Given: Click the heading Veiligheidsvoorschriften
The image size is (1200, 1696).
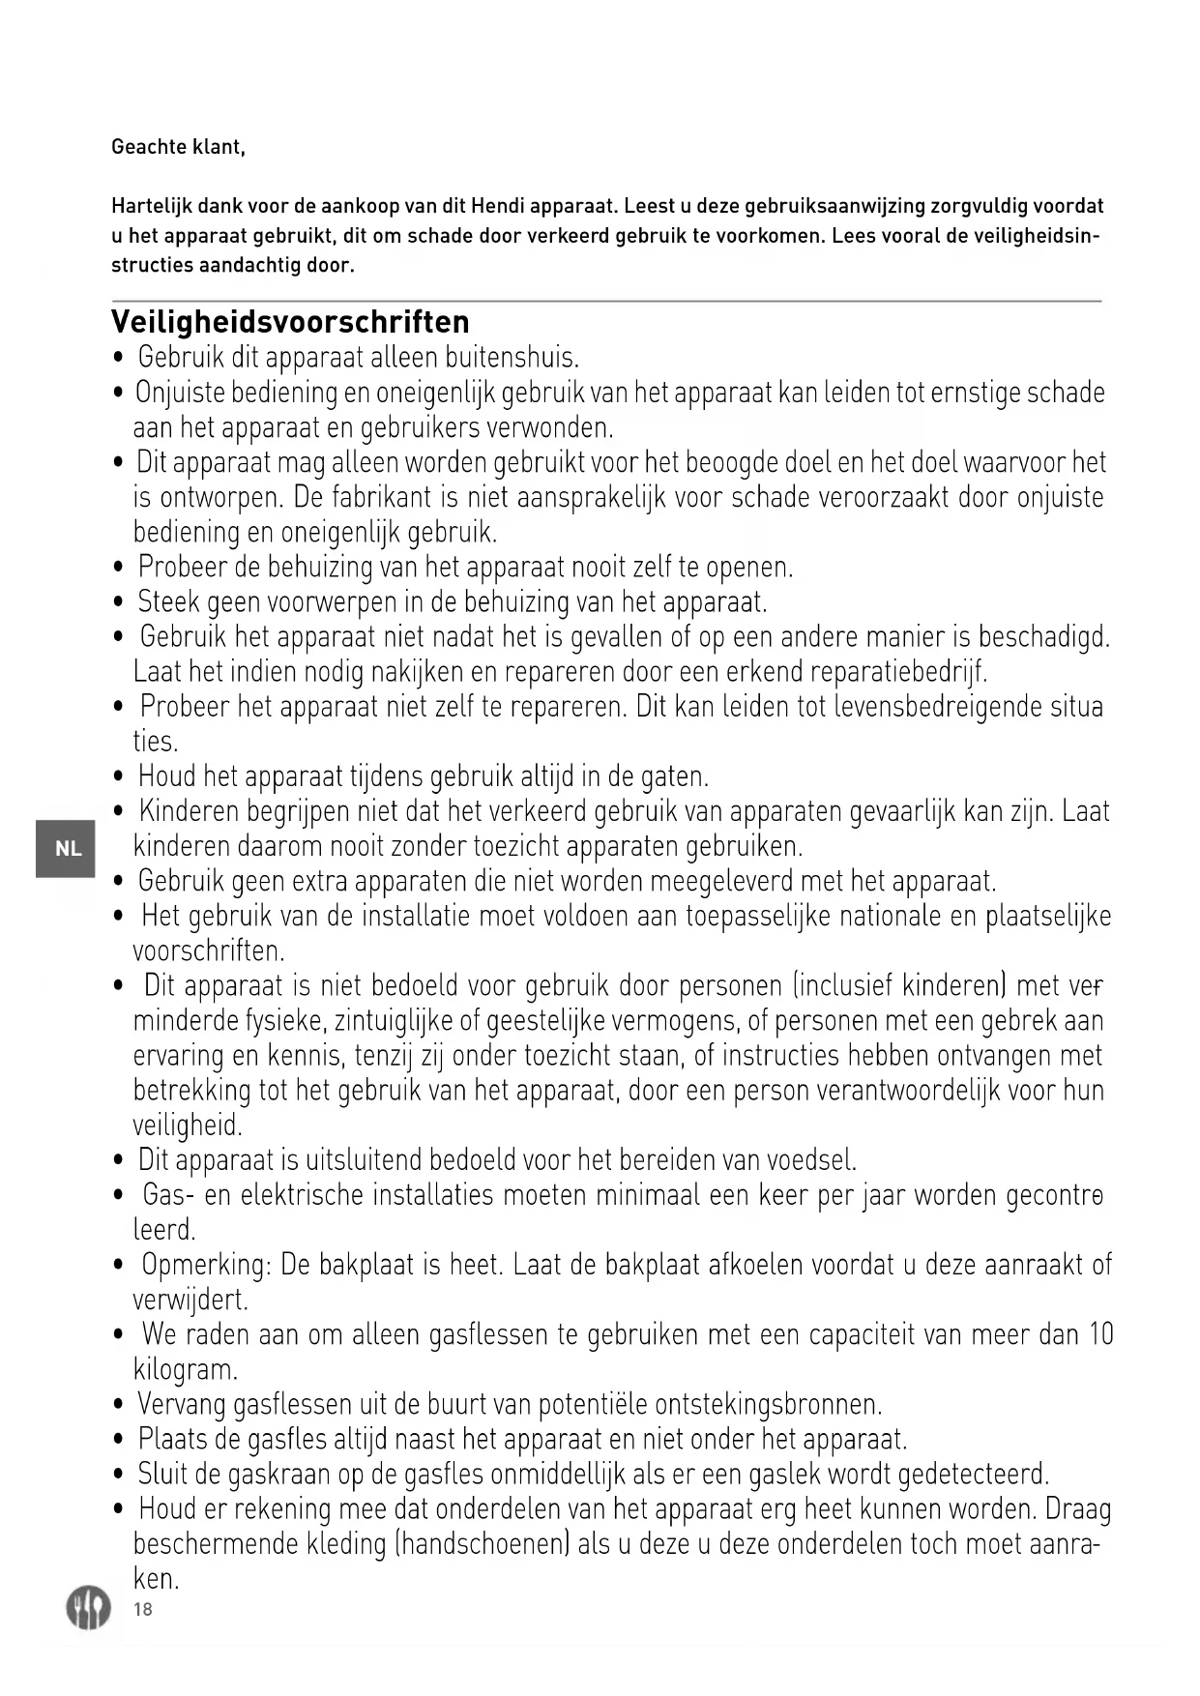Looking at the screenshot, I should pyautogui.click(x=290, y=322).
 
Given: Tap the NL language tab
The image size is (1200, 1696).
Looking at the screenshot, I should pyautogui.click(x=67, y=849).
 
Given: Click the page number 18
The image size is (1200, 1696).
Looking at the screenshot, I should pyautogui.click(x=143, y=1609).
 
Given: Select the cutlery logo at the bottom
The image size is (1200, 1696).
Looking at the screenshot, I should pyautogui.click(x=88, y=1607).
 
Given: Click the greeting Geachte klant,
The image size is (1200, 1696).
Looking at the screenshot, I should pyautogui.click(x=178, y=147).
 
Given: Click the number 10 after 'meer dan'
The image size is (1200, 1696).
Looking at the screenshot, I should pyautogui.click(x=1101, y=1334).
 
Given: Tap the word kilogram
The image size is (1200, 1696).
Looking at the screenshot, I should pyautogui.click(x=185, y=1369).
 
